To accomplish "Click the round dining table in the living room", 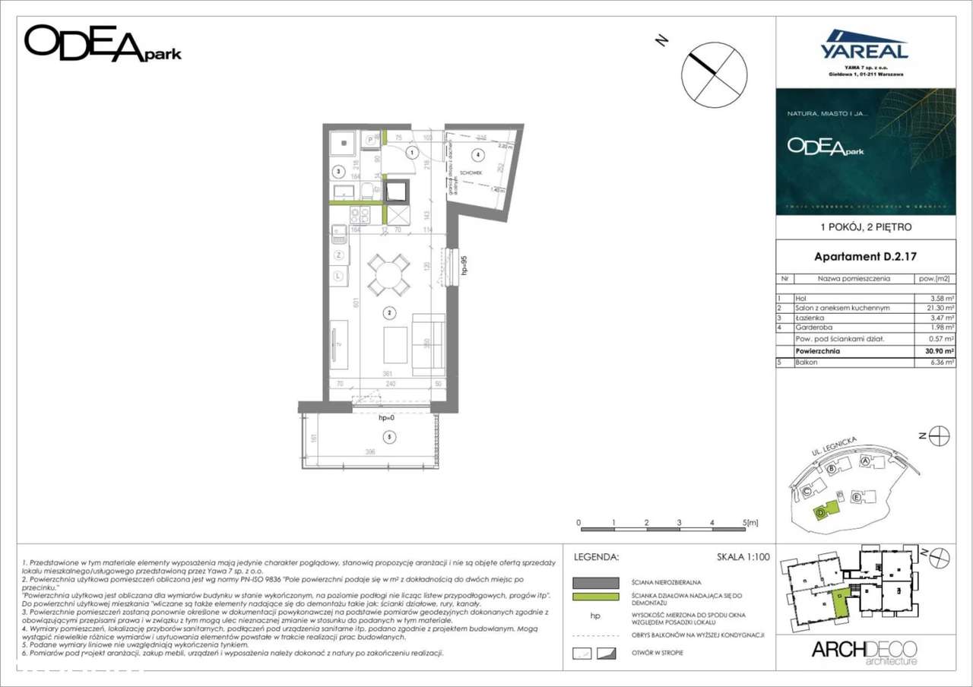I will [x=388, y=274].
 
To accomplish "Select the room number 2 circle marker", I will [x=388, y=312].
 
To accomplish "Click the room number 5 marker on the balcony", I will [x=389, y=437].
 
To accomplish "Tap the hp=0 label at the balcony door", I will [x=387, y=418].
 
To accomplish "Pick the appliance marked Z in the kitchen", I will [x=338, y=255].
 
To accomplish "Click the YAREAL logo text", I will [x=864, y=51].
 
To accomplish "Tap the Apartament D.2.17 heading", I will [x=864, y=256].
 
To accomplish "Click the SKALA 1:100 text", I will [x=743, y=557].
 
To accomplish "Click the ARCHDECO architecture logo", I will [x=864, y=652].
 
